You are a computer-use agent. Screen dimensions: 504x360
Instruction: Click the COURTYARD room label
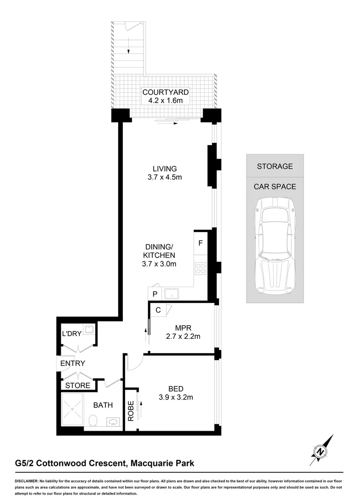point(166,92)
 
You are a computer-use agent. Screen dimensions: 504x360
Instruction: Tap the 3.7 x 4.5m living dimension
point(164,177)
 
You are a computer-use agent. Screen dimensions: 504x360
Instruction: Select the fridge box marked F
point(200,243)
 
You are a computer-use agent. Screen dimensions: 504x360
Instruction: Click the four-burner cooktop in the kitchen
point(200,268)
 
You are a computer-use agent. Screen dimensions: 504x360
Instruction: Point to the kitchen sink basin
point(170,294)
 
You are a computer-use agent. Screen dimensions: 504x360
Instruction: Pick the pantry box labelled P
point(154,294)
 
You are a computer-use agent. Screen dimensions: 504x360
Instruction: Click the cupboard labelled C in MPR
point(158,310)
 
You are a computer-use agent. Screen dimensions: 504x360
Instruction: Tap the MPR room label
point(184,327)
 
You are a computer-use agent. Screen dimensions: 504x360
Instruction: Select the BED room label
point(176,389)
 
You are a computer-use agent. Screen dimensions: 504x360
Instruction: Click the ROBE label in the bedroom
point(131,411)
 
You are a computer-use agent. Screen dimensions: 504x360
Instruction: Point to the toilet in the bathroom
point(93,420)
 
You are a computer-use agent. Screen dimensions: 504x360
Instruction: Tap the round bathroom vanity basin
point(113,422)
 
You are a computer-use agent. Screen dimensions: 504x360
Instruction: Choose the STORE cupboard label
point(78,385)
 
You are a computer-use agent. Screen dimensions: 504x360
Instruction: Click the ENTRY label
point(73,363)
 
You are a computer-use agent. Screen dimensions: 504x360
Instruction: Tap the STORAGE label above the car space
point(275,166)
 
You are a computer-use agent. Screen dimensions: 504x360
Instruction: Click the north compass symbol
point(320,450)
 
